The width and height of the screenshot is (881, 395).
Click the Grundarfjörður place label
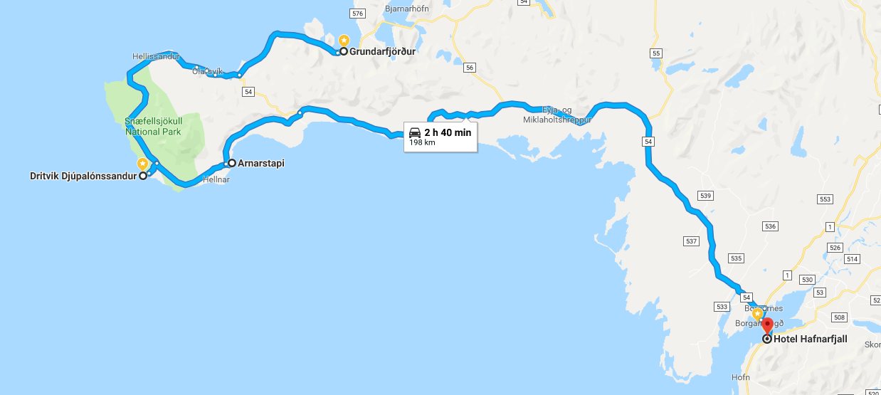[382, 51]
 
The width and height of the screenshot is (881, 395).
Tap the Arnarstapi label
[261, 163]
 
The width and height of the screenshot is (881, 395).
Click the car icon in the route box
[415, 132]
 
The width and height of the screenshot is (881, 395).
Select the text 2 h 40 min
[448, 132]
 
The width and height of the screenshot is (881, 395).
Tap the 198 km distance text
[421, 142]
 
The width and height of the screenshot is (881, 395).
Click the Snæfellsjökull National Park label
[153, 126]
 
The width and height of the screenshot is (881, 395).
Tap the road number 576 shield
[357, 14]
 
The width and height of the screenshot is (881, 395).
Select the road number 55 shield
[656, 53]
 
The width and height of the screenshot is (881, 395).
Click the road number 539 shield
[705, 195]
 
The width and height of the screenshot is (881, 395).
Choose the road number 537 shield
[691, 242]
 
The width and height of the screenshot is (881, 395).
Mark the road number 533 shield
[722, 307]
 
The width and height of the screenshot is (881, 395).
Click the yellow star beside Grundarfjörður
[343, 41]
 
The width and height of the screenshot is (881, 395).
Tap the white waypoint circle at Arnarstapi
[231, 163]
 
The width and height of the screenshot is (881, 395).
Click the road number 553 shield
[825, 200]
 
